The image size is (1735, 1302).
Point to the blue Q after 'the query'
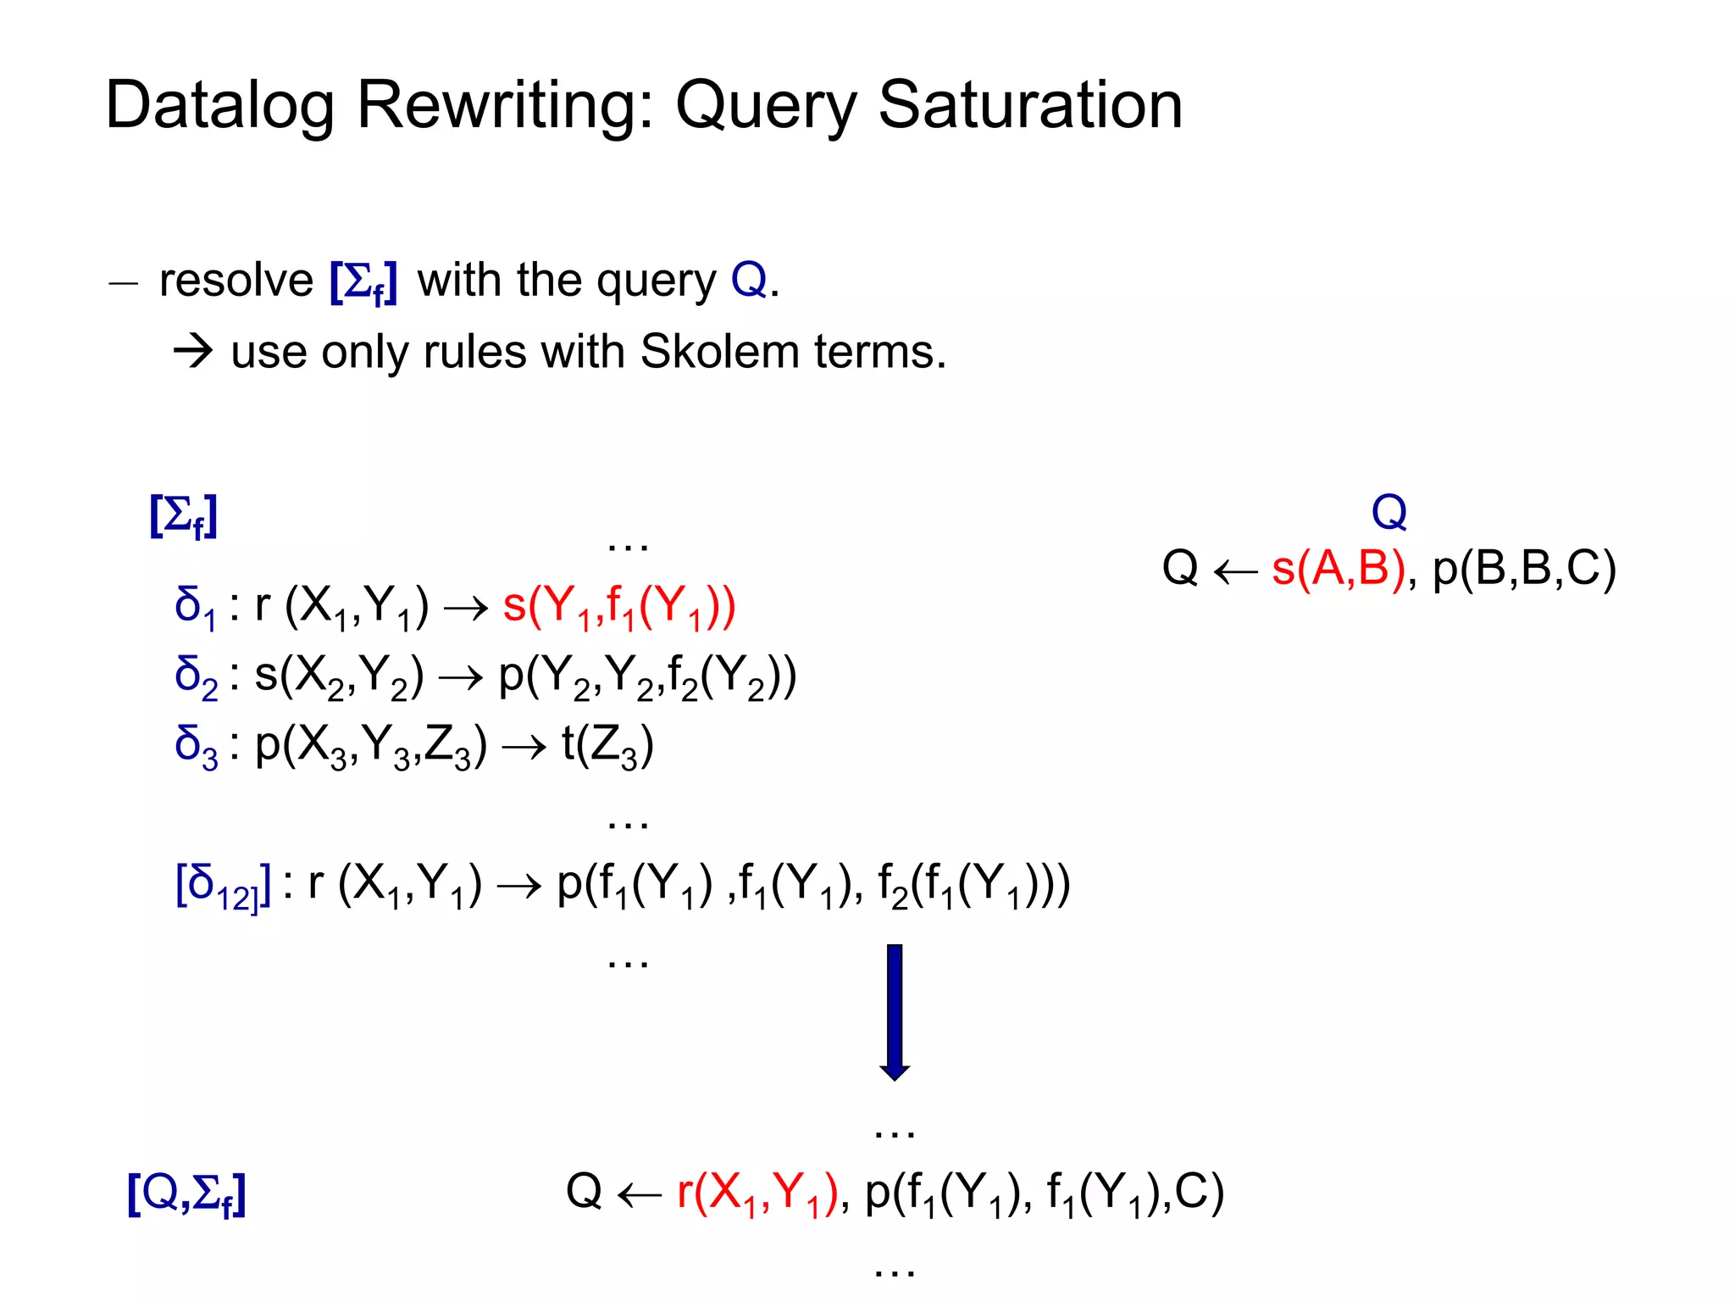tap(748, 281)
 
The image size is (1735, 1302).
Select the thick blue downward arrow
tap(895, 1011)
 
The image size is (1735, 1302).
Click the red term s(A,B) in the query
tap(1339, 568)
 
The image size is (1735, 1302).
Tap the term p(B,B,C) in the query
tap(1524, 568)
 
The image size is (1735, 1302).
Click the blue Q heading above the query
tap(1389, 512)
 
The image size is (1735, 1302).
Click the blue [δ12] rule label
tap(223, 886)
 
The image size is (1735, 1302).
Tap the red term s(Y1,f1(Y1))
tap(619, 607)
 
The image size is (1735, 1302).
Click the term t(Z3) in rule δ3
tap(607, 747)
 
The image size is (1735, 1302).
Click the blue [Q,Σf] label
tap(186, 1193)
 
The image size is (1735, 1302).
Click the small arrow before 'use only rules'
tap(193, 351)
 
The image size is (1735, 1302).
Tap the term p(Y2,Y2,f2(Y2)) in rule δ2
tap(647, 677)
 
